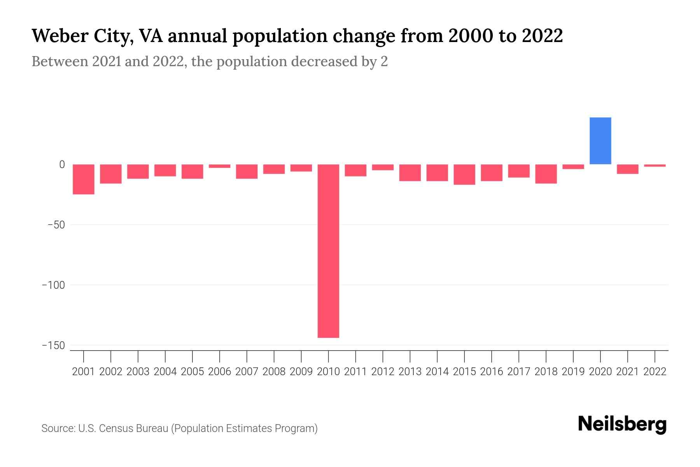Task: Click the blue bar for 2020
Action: point(600,141)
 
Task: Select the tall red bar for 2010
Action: point(328,251)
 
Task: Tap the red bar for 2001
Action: point(84,179)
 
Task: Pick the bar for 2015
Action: point(464,174)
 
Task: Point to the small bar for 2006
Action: point(220,166)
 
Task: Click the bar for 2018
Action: point(546,174)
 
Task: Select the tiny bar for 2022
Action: point(654,165)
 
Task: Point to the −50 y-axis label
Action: point(56,225)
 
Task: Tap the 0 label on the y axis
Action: point(61,165)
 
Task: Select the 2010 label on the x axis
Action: point(328,372)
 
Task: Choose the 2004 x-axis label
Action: point(165,372)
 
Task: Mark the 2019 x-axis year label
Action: point(573,372)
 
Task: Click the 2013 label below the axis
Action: point(410,372)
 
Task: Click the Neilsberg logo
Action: point(622,425)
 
